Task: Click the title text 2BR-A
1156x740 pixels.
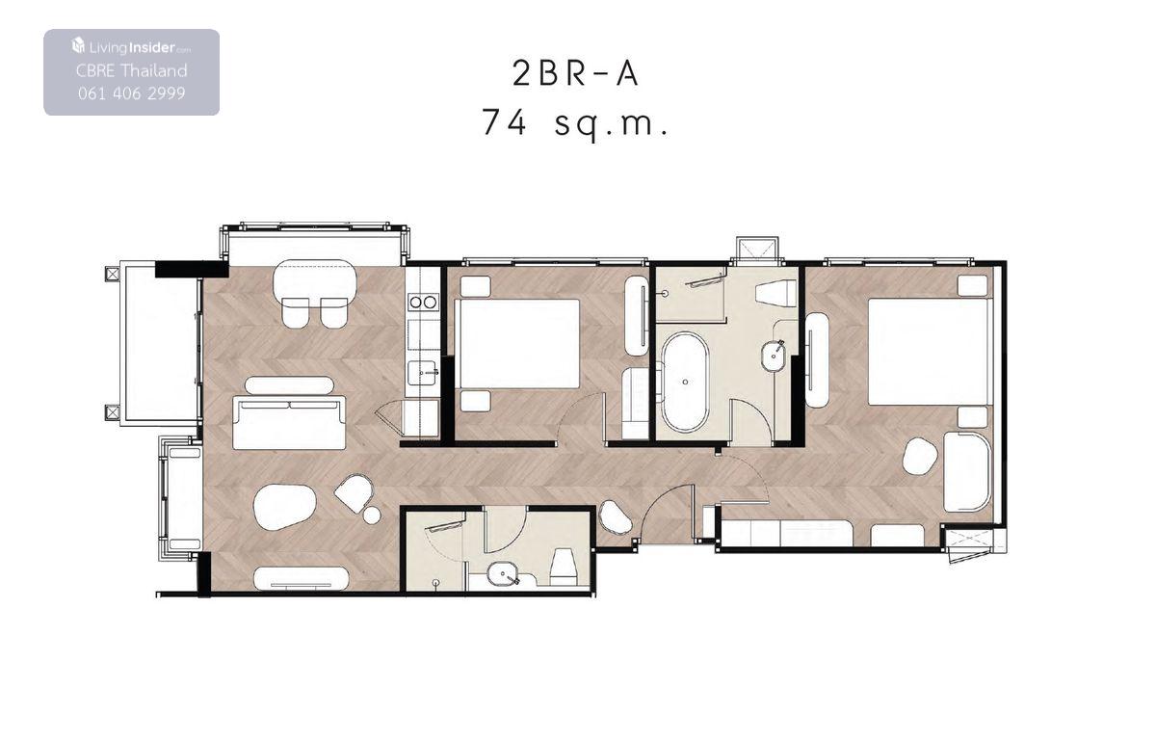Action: [575, 74]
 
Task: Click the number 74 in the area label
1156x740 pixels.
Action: [504, 122]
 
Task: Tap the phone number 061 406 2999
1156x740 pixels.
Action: [132, 93]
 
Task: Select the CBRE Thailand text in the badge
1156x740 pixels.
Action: [132, 70]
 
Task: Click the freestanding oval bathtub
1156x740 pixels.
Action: [685, 382]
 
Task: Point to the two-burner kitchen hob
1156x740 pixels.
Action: [423, 303]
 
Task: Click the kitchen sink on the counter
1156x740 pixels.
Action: [423, 373]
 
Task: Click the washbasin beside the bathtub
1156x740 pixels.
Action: [773, 355]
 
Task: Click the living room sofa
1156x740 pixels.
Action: [289, 422]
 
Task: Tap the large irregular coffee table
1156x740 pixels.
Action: [284, 507]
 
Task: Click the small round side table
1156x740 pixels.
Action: [372, 515]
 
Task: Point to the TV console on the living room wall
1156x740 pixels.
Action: [302, 578]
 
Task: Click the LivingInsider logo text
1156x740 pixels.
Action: [132, 47]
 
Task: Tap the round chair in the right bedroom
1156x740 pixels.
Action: [920, 456]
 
